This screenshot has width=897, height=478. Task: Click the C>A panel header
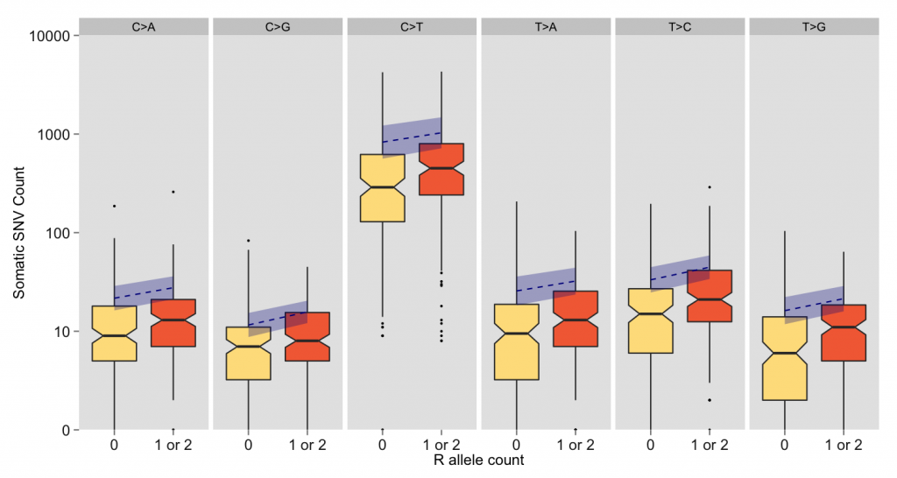(x=144, y=27)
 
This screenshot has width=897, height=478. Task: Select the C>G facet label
(x=278, y=27)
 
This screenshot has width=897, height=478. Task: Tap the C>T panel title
(x=412, y=27)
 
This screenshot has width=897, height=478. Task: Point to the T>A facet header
(x=546, y=27)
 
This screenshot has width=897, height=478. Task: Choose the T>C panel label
(x=680, y=27)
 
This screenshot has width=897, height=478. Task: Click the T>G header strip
(x=814, y=27)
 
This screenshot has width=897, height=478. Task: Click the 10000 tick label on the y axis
(x=49, y=36)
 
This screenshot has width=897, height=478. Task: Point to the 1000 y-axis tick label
(x=53, y=134)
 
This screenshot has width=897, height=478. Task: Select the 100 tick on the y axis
(x=57, y=233)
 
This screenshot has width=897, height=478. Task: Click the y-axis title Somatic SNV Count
(x=19, y=233)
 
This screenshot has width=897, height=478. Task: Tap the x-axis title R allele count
(x=479, y=460)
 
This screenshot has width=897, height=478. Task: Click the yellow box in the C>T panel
(x=382, y=188)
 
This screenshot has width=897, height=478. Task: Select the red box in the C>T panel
(x=441, y=169)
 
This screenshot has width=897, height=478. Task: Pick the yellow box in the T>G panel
(x=784, y=359)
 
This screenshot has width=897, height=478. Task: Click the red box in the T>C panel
(x=710, y=296)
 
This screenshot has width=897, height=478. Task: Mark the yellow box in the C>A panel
(x=115, y=334)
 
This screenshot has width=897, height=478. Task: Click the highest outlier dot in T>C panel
(x=710, y=187)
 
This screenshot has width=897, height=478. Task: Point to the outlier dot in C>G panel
(x=248, y=241)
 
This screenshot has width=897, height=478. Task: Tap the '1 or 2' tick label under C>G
(x=307, y=445)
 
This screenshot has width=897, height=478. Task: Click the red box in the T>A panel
(x=576, y=319)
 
